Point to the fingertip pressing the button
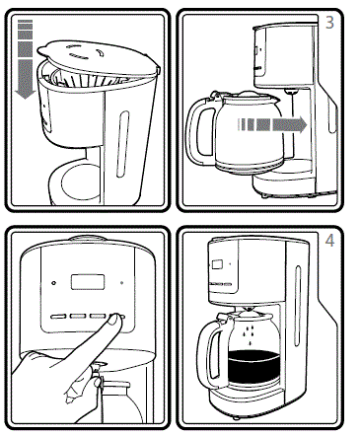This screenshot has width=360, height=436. [x=116, y=320]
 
